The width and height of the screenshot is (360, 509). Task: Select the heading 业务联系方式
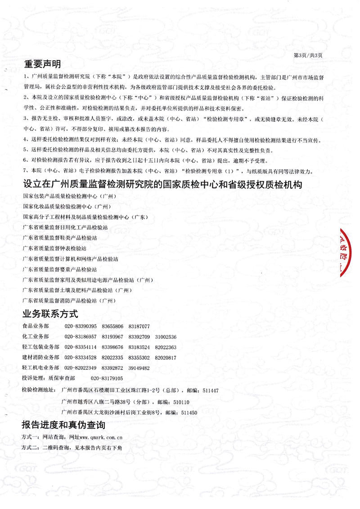pyautogui.click(x=50, y=313)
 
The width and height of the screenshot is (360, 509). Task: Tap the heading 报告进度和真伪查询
pyautogui.click(x=63, y=425)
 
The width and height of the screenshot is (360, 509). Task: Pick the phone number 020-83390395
pyautogui.click(x=81, y=326)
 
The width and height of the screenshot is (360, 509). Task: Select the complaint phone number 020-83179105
pyautogui.click(x=107, y=379)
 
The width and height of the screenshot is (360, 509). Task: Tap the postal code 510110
pyautogui.click(x=181, y=402)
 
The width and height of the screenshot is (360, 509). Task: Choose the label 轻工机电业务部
pyautogui.click(x=40, y=368)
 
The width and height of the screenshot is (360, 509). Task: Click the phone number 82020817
pyautogui.click(x=166, y=357)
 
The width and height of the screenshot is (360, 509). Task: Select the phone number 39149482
pyautogui.click(x=139, y=368)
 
